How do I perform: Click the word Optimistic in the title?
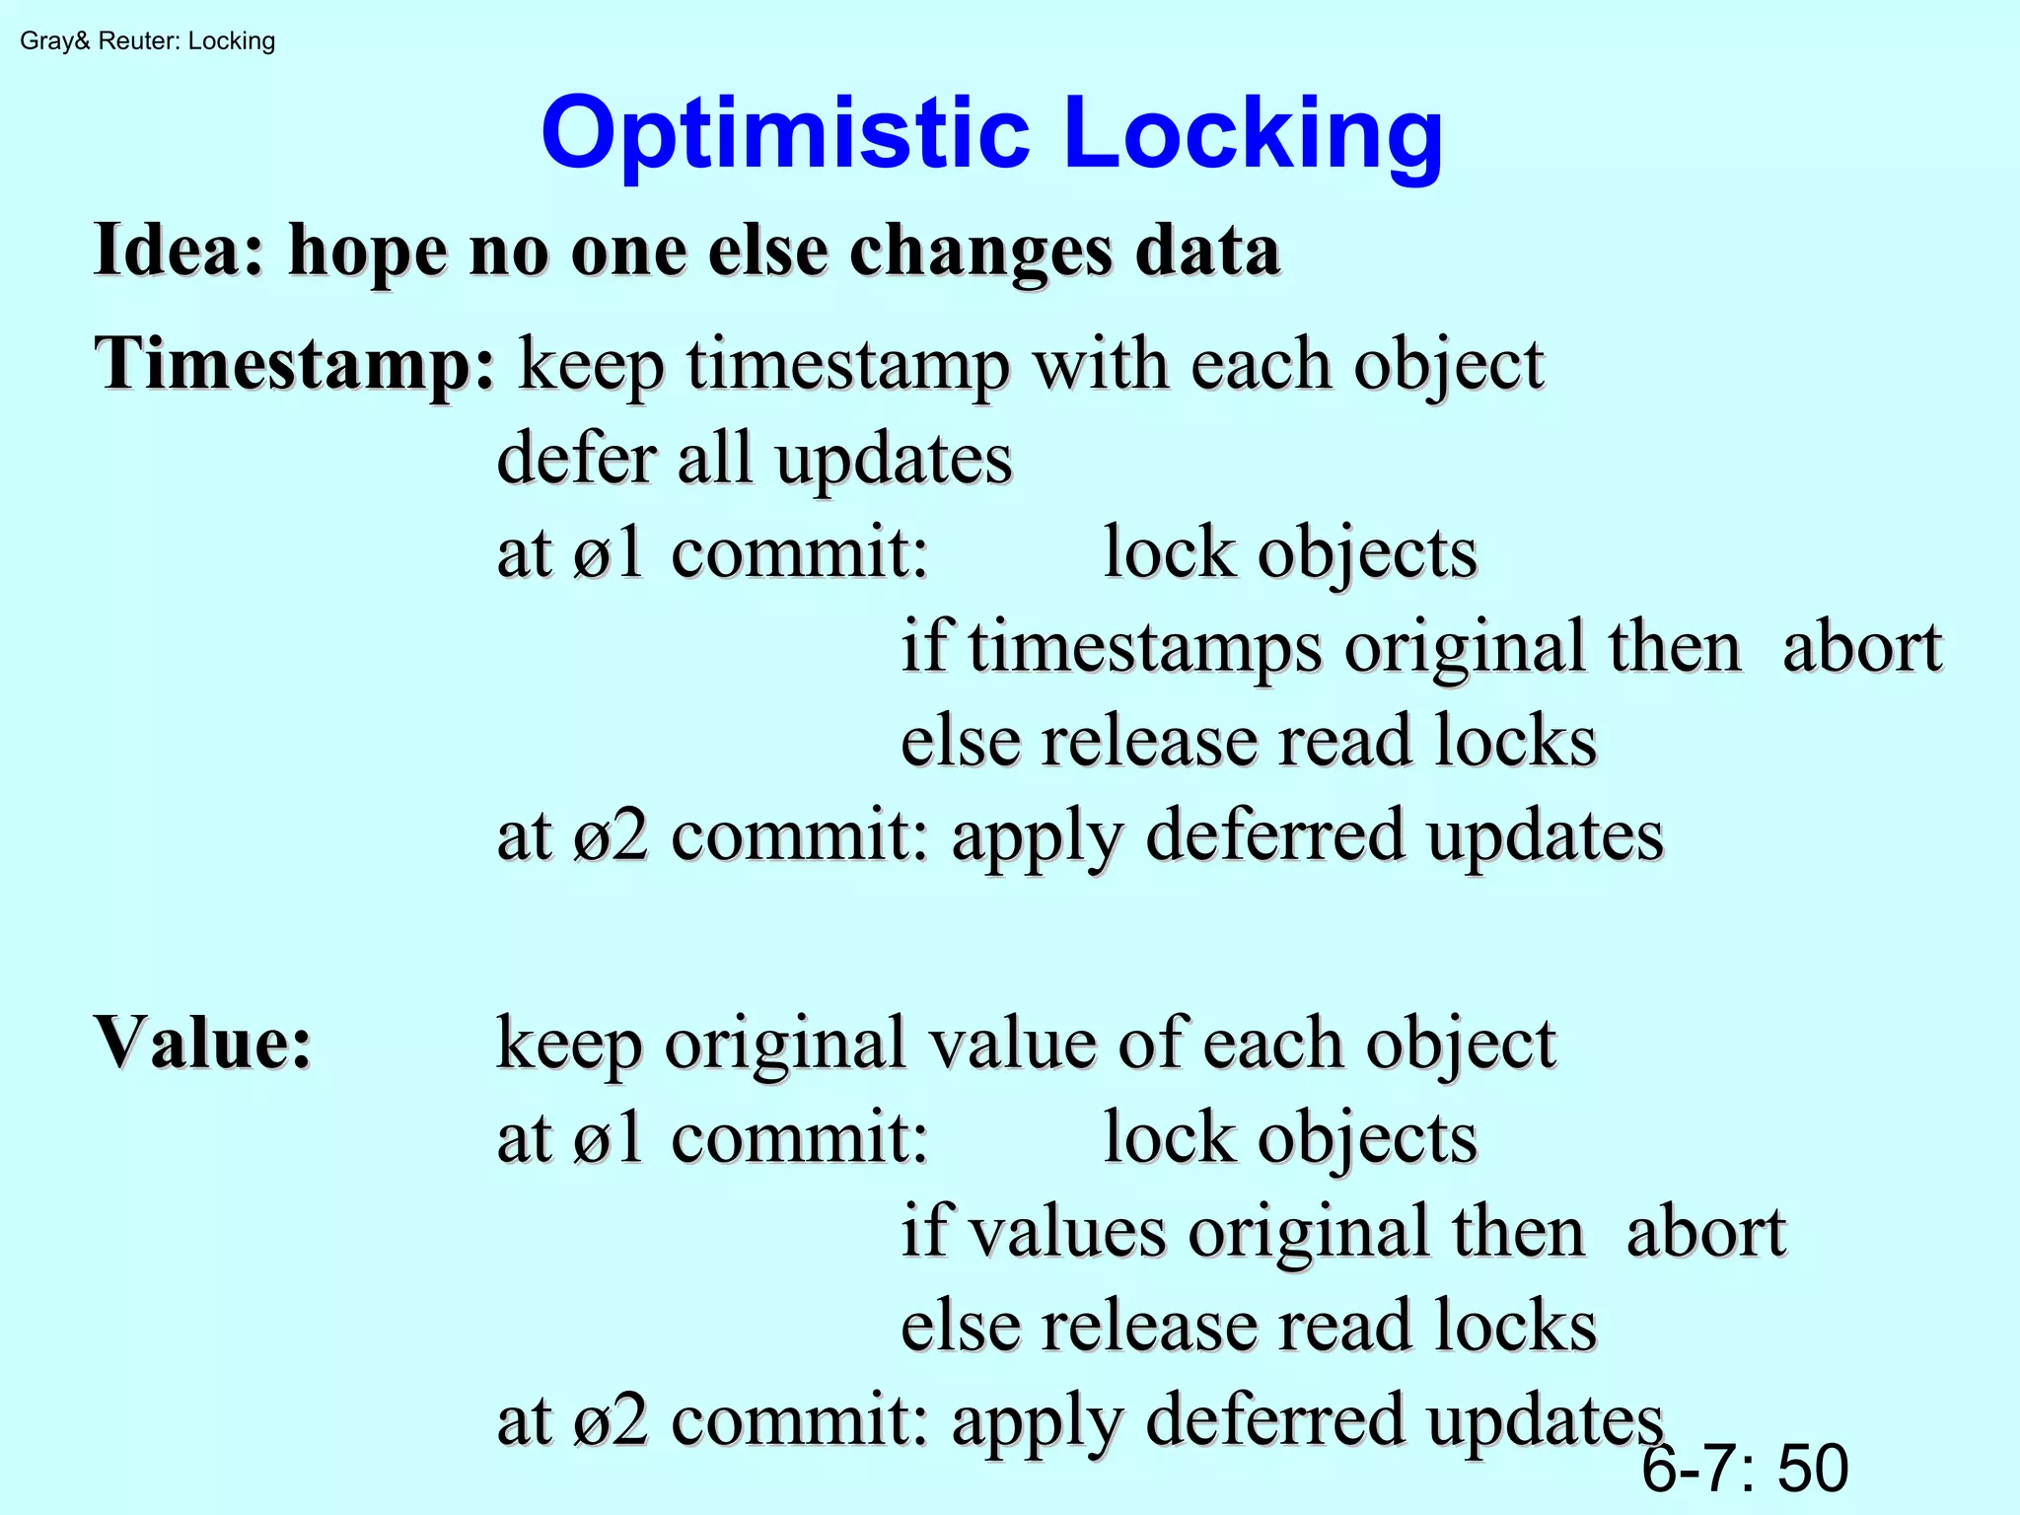785,135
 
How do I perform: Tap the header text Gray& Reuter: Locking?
148,41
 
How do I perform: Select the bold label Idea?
180,251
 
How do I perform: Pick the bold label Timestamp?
294,365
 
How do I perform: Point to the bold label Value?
203,1044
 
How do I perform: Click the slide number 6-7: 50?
1744,1468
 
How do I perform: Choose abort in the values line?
1706,1233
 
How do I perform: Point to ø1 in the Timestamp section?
609,553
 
